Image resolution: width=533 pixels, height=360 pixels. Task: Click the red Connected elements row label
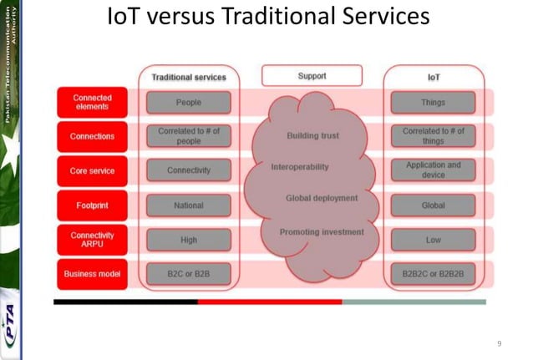click(x=92, y=103)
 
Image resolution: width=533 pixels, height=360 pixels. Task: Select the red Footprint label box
click(x=92, y=205)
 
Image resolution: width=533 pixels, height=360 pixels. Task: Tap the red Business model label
click(x=92, y=273)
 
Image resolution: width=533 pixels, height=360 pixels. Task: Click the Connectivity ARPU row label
click(x=92, y=240)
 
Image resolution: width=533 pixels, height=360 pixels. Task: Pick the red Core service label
click(x=92, y=170)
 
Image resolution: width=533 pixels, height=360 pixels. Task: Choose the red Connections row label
click(x=92, y=136)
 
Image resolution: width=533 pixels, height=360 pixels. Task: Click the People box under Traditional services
click(x=188, y=103)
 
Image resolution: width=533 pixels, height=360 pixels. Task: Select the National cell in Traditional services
click(x=188, y=205)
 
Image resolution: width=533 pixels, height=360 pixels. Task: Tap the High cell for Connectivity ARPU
click(x=188, y=240)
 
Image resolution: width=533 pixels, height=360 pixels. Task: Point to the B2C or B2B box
click(x=188, y=273)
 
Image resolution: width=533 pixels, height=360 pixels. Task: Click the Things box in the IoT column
click(x=433, y=103)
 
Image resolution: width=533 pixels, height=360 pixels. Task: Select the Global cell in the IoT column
click(x=433, y=205)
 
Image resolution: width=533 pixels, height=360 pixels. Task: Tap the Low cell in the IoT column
click(x=433, y=240)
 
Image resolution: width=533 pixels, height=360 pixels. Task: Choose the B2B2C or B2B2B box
click(x=433, y=273)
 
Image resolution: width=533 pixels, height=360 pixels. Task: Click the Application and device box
click(x=433, y=170)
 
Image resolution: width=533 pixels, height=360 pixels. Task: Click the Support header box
click(x=311, y=76)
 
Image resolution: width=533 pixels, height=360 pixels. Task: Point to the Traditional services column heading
click(x=188, y=77)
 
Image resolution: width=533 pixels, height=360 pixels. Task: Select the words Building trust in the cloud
click(x=312, y=135)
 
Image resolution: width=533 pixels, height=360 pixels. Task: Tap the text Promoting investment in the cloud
click(x=321, y=231)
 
